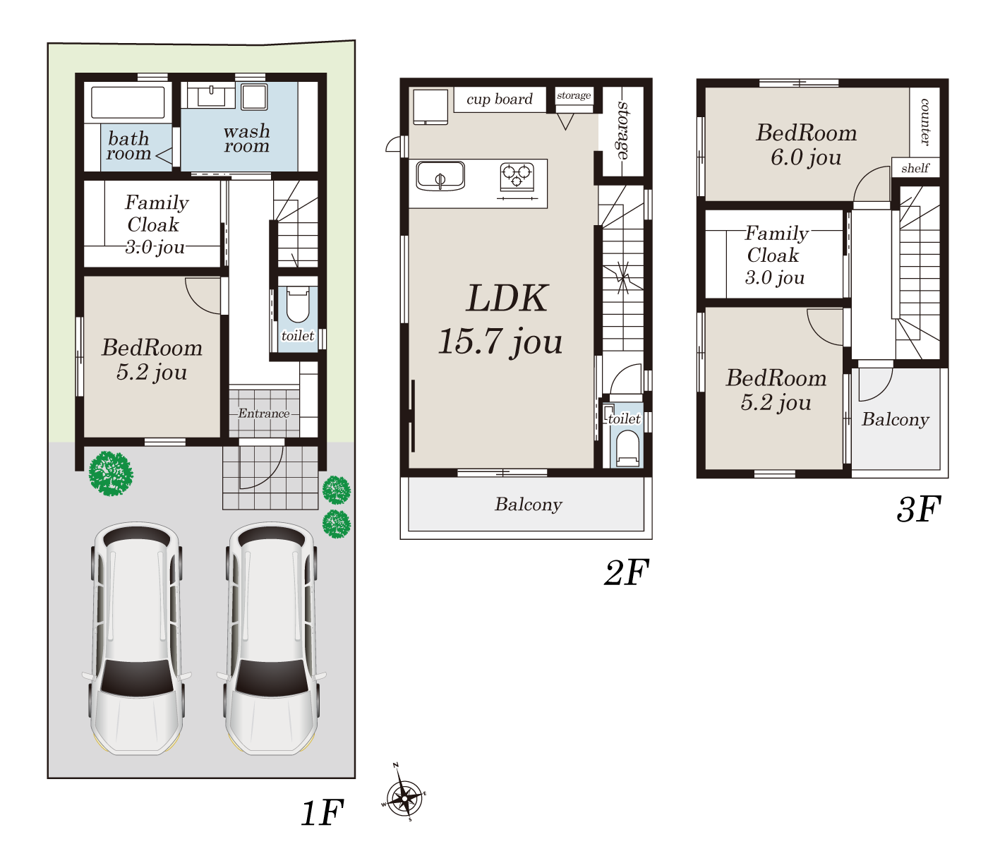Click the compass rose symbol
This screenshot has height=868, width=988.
coord(404,797)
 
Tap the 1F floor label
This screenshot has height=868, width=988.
coord(323,814)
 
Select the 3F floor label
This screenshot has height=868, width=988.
coord(917,510)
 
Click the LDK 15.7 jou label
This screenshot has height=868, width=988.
coord(501,320)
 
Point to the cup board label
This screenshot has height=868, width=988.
coord(500,100)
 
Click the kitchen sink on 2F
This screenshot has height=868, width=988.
coord(440,176)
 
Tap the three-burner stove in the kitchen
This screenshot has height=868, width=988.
coord(517,177)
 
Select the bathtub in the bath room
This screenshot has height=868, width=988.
coord(128,103)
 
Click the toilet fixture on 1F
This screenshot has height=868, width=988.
coord(298,305)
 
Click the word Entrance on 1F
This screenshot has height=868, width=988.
coord(263,414)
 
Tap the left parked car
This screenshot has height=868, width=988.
coord(136,639)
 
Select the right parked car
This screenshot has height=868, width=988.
coord(272,639)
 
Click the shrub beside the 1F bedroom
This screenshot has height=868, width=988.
coord(111,474)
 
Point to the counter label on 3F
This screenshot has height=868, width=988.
coord(924,122)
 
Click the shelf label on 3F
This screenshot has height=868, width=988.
coord(915,168)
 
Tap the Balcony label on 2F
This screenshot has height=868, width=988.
coord(529,505)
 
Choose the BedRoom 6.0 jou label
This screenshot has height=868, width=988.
coord(806,145)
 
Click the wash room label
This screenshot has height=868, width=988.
coord(247,138)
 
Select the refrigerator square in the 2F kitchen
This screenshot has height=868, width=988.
coord(430,107)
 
